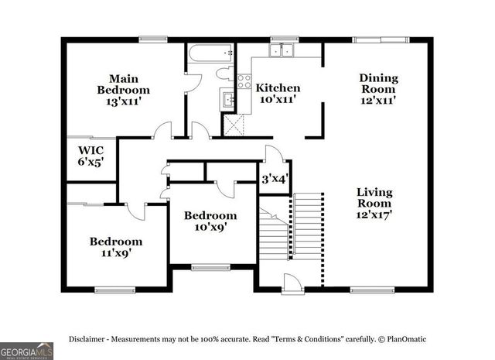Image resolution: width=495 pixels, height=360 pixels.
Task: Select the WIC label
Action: coord(91,150)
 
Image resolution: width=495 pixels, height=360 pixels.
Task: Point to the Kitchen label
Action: coord(278,87)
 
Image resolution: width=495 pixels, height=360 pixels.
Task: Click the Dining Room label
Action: coord(378,84)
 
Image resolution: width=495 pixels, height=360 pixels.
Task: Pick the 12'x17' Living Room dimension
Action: coord(374,214)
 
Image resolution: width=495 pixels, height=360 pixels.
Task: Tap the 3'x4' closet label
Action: coord(274,179)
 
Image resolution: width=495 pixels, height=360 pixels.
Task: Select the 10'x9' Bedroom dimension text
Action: coord(210,227)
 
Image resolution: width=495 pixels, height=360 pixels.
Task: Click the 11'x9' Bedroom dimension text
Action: coord(115,252)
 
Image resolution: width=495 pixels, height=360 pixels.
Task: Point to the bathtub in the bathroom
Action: coord(210,54)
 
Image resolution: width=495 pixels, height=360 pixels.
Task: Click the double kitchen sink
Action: coord(282,51)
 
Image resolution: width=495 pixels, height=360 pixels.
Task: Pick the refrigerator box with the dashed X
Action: coord(233,124)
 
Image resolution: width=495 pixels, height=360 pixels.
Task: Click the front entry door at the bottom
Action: coord(292,284)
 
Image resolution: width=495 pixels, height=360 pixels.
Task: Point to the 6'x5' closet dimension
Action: coord(91,163)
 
